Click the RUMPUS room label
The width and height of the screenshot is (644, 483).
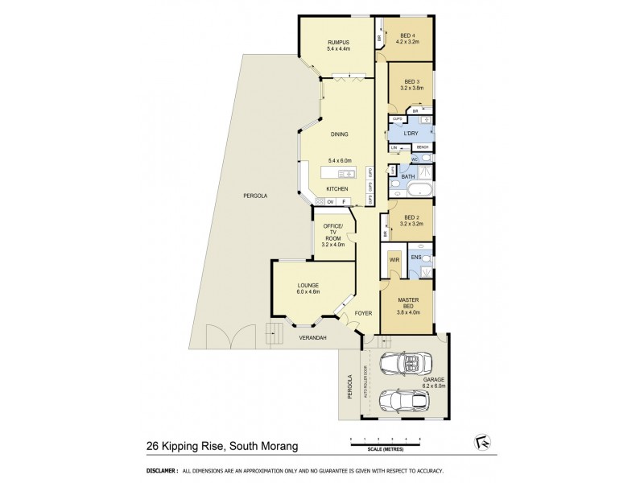(x=337, y=42)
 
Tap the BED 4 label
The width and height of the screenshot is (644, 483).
(x=409, y=35)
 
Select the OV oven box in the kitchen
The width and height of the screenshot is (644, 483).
(x=330, y=202)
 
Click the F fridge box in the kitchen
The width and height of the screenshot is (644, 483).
(x=344, y=202)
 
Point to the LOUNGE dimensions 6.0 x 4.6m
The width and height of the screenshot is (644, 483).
(x=308, y=292)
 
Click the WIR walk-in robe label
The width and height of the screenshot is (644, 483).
(x=394, y=260)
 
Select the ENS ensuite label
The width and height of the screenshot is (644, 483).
(x=415, y=258)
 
